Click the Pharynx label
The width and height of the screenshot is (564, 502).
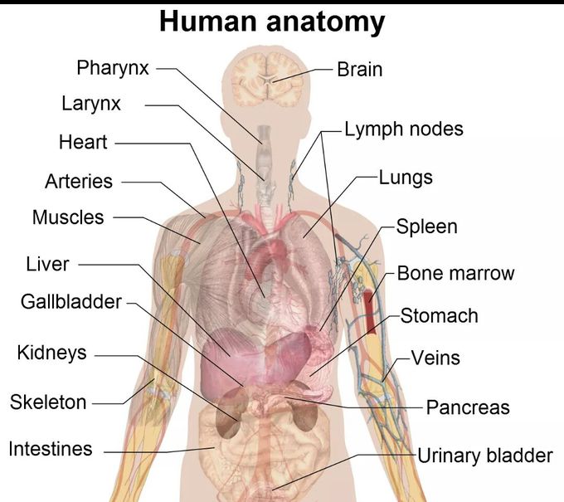pos(113,68)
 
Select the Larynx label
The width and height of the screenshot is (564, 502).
pos(91,104)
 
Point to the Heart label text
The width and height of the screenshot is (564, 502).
pos(83,142)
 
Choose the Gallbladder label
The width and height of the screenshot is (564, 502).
pos(71,301)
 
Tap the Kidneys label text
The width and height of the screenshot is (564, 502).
pos(51,353)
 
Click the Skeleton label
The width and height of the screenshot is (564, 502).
pos(48,402)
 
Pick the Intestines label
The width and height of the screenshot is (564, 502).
pos(51,449)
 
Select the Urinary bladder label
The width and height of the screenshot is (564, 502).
pos(485,456)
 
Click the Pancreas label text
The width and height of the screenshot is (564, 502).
pos(468,407)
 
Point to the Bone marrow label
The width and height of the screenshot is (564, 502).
pos(455,273)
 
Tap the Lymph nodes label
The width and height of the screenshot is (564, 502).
pos(404,129)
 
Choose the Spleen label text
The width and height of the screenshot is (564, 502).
pos(426,227)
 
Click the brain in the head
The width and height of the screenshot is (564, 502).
pos(267,80)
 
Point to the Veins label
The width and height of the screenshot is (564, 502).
pos(435,358)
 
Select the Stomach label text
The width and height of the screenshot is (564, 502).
pos(440,316)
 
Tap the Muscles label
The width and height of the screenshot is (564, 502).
pos(68,217)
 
